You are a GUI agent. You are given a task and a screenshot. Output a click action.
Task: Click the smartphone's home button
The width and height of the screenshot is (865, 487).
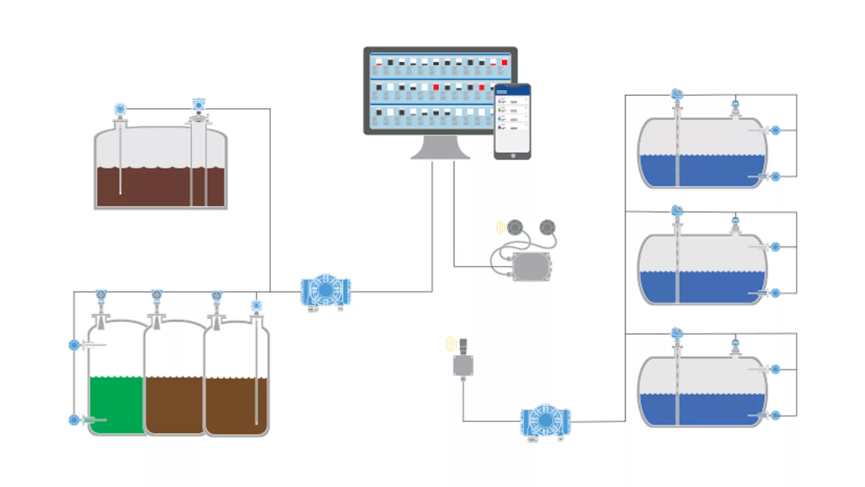click(x=513, y=156)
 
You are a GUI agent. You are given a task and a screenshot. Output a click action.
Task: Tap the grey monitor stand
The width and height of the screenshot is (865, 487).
click(x=440, y=148)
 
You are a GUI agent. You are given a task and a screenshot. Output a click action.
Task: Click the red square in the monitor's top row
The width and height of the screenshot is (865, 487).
click(x=504, y=63)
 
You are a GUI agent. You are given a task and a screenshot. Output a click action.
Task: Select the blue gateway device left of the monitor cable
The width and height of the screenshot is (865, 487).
click(x=325, y=291)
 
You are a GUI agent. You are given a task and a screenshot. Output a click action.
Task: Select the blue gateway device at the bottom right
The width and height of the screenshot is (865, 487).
click(x=545, y=421)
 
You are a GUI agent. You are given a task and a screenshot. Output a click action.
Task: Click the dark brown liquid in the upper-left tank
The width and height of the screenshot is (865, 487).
click(x=153, y=187)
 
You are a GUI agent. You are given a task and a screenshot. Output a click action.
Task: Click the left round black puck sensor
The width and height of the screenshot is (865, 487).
click(x=515, y=227)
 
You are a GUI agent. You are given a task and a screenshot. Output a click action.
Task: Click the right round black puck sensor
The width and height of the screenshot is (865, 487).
click(x=547, y=227)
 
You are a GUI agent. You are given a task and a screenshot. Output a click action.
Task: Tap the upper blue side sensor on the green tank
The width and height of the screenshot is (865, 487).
click(x=74, y=345)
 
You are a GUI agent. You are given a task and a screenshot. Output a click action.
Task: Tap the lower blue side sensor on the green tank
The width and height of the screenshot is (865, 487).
click(x=74, y=420)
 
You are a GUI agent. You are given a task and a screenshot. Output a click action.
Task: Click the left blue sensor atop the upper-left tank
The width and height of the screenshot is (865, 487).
click(x=120, y=109)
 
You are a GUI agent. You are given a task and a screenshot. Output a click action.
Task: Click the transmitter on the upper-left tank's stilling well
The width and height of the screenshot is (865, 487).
click(x=199, y=105)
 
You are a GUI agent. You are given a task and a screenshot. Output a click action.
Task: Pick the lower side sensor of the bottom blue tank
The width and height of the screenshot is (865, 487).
click(x=775, y=415)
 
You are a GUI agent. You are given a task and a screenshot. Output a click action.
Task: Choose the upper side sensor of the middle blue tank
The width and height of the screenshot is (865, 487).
click(x=775, y=247)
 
